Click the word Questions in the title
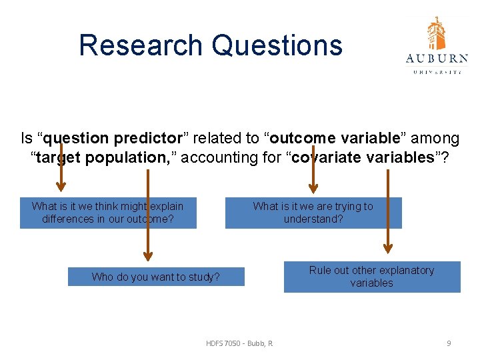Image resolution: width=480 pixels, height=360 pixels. tap(277, 45)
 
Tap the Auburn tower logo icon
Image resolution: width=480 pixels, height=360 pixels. tap(437, 33)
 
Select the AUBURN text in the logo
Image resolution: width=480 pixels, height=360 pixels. tap(437, 59)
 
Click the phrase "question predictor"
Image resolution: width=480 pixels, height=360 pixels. tap(110, 139)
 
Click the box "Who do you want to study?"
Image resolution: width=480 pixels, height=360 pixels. tap(156, 277)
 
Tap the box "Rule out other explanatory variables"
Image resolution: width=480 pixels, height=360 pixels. tap(371, 277)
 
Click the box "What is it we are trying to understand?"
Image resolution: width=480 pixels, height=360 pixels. tap(313, 213)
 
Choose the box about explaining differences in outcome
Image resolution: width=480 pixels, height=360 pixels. tap(108, 213)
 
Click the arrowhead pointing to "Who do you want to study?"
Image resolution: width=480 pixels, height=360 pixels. tap(148, 255)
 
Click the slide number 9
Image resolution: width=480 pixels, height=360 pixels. tap(449, 343)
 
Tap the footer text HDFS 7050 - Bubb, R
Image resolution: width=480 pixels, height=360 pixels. tap(239, 343)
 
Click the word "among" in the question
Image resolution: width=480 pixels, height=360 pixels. tap(435, 139)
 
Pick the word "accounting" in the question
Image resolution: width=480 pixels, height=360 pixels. tap(217, 157)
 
